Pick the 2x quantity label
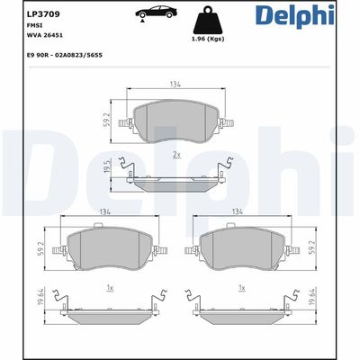point(177,156)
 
